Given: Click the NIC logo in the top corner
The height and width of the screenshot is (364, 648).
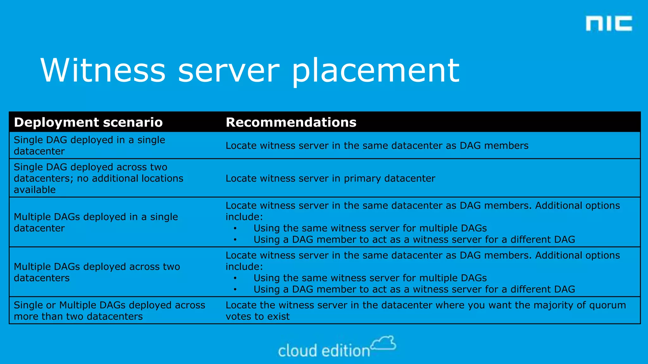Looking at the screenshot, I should pyautogui.click(x=609, y=24).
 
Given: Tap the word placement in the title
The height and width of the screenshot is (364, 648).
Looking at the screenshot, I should pyautogui.click(x=375, y=71).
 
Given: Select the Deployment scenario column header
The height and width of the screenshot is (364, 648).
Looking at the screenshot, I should pyautogui.click(x=88, y=122).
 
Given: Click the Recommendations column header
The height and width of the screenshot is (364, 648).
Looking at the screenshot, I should pyautogui.click(x=291, y=122).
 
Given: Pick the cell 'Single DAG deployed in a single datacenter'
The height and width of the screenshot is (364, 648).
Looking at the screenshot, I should pyautogui.click(x=89, y=145).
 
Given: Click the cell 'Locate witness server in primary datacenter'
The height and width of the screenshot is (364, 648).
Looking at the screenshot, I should pyautogui.click(x=330, y=178).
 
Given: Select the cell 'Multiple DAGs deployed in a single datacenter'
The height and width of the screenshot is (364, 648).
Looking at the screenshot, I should pyautogui.click(x=96, y=222).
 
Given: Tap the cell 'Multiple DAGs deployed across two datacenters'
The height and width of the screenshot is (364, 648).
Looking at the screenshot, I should pyautogui.click(x=97, y=272).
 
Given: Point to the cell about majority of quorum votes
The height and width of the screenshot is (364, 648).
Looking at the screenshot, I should pyautogui.click(x=426, y=311).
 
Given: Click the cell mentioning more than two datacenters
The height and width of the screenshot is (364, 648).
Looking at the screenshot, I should pyautogui.click(x=109, y=311).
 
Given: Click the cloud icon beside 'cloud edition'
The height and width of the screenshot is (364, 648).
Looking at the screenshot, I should pyautogui.click(x=383, y=343).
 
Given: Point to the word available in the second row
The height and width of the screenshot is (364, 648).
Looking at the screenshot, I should pyautogui.click(x=35, y=190).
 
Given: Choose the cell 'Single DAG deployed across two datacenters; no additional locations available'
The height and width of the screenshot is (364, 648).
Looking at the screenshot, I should pyautogui.click(x=98, y=178).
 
